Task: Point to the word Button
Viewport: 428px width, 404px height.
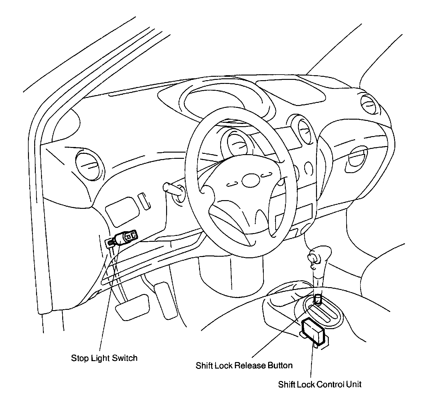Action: (x=280, y=365)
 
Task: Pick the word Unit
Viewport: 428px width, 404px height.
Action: (x=354, y=384)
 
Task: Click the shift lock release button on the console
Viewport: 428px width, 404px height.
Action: (x=318, y=299)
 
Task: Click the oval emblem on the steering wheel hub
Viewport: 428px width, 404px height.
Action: (x=250, y=181)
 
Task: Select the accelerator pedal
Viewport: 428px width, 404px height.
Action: (x=166, y=301)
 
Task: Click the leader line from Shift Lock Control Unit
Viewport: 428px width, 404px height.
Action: (x=311, y=360)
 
